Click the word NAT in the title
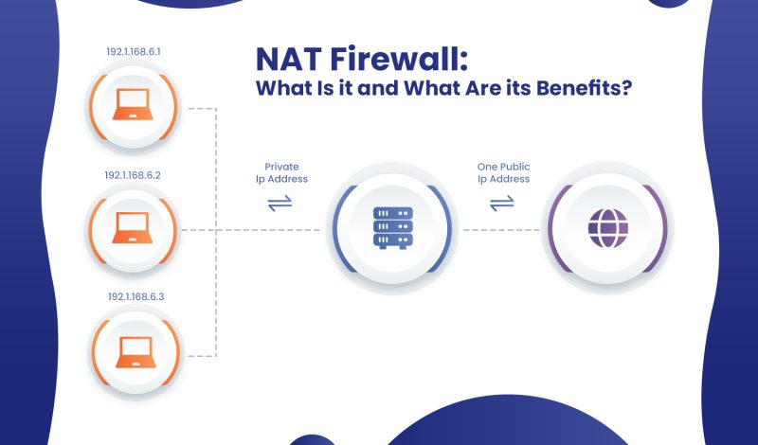click(290, 59)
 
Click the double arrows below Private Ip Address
click(280, 203)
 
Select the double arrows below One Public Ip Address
click(502, 203)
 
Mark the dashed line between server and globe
click(500, 230)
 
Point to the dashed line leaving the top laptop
click(199, 107)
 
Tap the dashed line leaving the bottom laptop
click(199, 356)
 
